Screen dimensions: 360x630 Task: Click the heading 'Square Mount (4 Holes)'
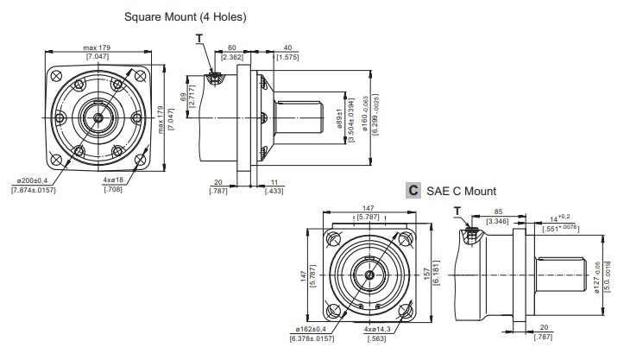186,16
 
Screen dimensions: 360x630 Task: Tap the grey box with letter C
413,190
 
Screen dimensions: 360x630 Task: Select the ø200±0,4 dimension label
35,180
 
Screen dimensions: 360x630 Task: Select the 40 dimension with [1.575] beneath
287,48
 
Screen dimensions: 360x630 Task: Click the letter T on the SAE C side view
457,210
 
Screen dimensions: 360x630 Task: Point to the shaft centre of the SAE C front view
369,275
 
